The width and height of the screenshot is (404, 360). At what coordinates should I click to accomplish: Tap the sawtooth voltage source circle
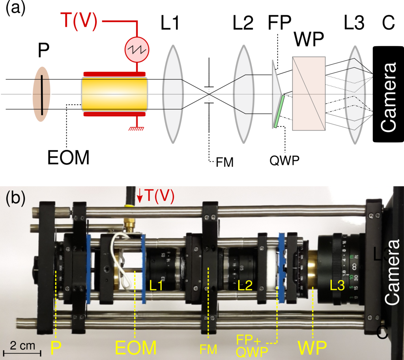[137, 50]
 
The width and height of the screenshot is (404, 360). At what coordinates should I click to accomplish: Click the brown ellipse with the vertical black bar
[41, 95]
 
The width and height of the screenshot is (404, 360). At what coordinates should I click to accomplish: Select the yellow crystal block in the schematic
[114, 95]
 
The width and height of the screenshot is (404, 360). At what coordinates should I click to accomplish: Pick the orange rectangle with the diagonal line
[309, 93]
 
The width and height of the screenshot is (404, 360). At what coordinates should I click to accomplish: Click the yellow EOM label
[136, 348]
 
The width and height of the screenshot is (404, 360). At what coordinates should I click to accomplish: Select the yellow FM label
[208, 348]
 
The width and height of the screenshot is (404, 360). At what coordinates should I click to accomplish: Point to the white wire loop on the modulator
[120, 256]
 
